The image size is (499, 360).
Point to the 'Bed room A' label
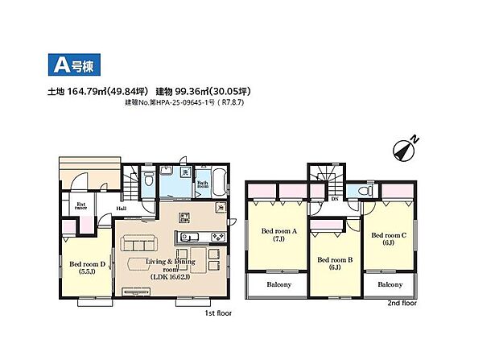[x=278, y=234]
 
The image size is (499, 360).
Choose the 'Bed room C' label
[x=388, y=238]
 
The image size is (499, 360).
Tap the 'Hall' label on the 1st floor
[x=121, y=208]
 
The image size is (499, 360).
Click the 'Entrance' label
[x=81, y=205]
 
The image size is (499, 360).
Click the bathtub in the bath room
[x=218, y=181]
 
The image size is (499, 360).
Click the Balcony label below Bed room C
[x=390, y=285]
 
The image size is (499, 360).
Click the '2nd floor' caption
[x=402, y=304]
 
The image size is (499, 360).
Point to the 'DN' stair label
[x=334, y=198]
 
